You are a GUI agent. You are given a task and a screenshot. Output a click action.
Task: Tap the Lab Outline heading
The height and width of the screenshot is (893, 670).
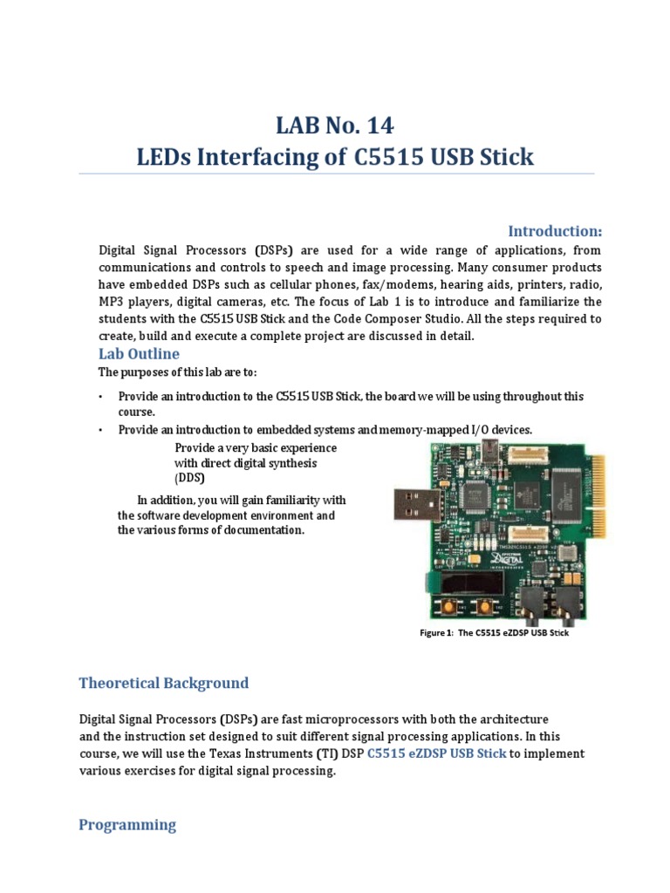(x=139, y=353)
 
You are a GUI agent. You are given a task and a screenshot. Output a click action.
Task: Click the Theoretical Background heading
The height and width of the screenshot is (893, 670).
(x=164, y=683)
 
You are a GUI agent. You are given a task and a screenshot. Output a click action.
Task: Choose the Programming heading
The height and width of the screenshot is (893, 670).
(x=127, y=824)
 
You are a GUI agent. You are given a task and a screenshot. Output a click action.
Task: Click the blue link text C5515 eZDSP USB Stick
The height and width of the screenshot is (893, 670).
(x=436, y=753)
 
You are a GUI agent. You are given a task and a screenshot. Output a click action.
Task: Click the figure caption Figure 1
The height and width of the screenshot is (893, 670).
(x=494, y=633)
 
